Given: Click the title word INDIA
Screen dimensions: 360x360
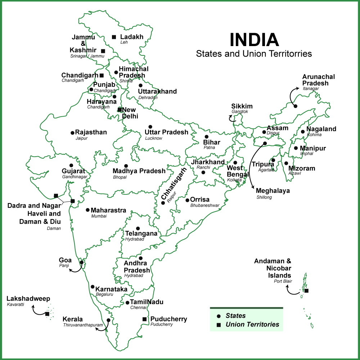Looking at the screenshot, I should [x=254, y=40].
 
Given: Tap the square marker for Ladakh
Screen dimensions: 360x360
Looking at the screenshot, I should [x=114, y=37].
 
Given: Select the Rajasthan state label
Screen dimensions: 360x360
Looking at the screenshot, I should [x=91, y=132].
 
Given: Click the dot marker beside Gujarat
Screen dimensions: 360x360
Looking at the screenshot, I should [x=71, y=165].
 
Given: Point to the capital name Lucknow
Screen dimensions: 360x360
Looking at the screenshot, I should [x=154, y=138].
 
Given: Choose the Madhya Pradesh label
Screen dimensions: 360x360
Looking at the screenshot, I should [x=139, y=171].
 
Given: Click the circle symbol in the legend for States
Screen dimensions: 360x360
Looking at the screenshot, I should [x=219, y=316].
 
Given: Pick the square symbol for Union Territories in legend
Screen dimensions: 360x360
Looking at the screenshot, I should [x=219, y=325].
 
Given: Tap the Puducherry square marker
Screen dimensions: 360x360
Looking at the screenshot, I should [x=144, y=319].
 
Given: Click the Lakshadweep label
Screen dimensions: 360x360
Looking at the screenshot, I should [x=28, y=298].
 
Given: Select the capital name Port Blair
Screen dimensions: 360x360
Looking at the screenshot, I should [x=283, y=281].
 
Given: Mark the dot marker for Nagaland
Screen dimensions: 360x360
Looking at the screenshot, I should [x=303, y=131].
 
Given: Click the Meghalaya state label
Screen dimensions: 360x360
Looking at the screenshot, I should [x=273, y=191].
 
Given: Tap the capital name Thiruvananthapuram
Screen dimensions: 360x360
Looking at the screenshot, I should [x=80, y=325].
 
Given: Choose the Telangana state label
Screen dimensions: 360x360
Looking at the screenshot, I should [x=141, y=233].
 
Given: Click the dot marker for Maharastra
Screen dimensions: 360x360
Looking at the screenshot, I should [x=87, y=210].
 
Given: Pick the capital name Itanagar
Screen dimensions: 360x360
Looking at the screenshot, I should [x=311, y=89].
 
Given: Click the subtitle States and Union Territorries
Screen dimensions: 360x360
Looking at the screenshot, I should [x=254, y=54].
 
